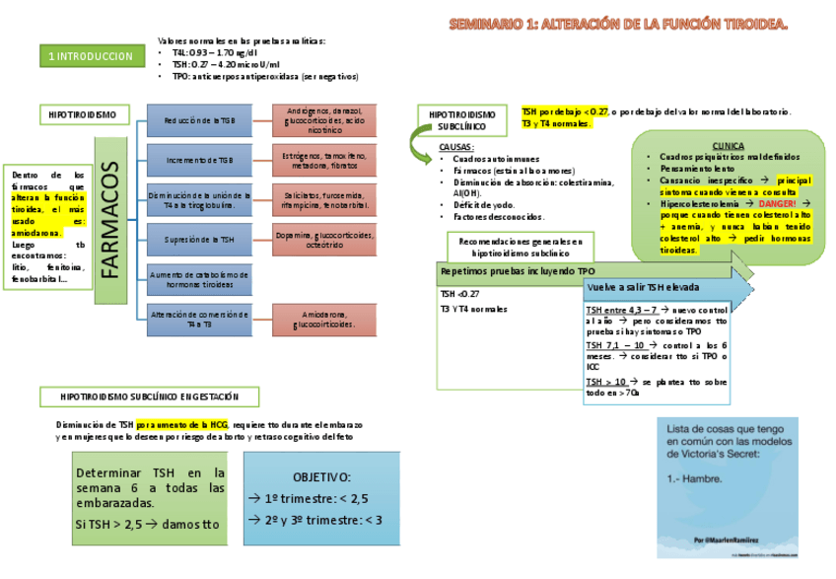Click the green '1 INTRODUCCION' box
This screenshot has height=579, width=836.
click(90, 57)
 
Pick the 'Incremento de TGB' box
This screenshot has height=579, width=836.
click(200, 159)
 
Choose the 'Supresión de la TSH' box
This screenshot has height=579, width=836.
click(200, 239)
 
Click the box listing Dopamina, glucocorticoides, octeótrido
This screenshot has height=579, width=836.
click(325, 239)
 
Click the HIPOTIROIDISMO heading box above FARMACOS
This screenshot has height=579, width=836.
click(83, 114)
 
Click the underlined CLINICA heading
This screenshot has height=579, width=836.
click(728, 144)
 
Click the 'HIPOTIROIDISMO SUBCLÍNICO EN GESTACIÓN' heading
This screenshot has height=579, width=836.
click(150, 397)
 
